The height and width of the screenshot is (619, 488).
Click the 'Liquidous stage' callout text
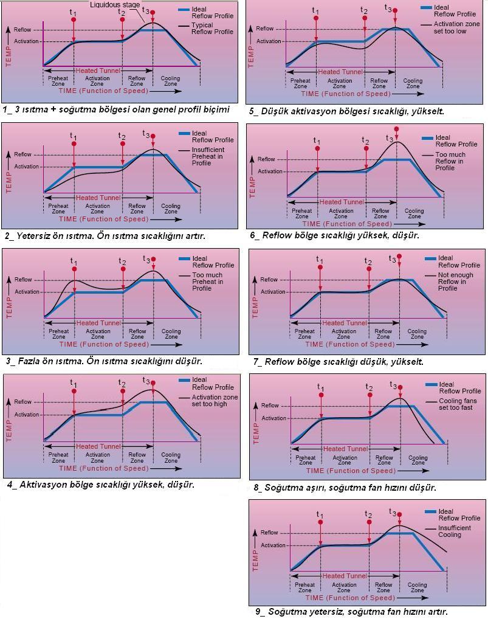point(115,5)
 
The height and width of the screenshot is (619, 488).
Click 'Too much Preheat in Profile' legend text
point(207,282)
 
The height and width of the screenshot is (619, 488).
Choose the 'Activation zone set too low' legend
point(450,27)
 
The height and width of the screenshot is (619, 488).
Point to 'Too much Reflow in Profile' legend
point(450,161)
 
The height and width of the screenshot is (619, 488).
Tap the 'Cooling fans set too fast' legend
point(458,404)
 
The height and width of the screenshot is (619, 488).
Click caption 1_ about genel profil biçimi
point(116,110)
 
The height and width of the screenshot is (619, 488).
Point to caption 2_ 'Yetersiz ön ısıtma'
point(105,235)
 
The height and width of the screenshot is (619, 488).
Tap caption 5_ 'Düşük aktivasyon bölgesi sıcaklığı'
point(346,111)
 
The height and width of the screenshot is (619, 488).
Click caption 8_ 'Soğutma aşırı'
point(345,487)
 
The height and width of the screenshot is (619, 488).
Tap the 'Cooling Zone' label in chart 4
point(171,457)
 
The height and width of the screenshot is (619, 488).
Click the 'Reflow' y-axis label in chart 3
point(23,280)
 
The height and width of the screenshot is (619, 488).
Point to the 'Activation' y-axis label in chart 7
point(273,292)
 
